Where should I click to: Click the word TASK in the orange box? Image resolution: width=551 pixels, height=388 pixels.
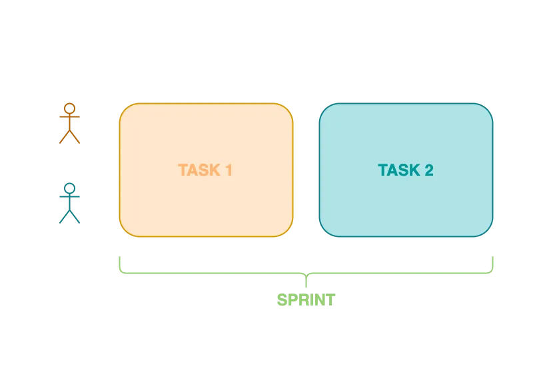pos(199,170)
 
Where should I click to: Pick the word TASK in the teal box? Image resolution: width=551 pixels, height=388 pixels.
pos(398,170)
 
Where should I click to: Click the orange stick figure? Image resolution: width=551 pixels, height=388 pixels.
pos(70,123)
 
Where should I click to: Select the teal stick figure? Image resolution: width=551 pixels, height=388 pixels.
pos(70,203)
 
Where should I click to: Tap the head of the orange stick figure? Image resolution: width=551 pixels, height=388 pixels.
pos(70,108)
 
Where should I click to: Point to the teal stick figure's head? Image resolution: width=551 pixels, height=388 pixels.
pos(70,188)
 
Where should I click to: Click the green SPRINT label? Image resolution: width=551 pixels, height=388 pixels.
pos(306,301)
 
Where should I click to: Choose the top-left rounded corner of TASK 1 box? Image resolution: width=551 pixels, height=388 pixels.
pos(125,109)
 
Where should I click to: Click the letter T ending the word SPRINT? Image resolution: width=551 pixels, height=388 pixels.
pos(330,301)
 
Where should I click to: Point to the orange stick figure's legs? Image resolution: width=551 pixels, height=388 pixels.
pos(70,137)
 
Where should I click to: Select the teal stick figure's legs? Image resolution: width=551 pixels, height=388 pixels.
pos(70,217)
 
